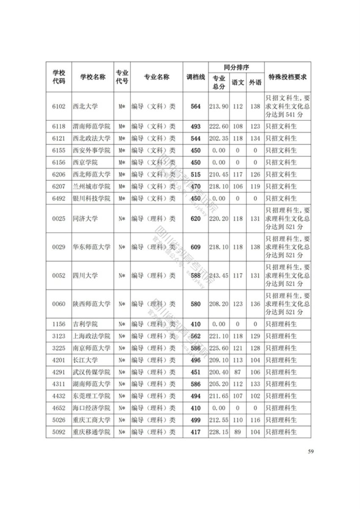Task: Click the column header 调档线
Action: tap(195, 77)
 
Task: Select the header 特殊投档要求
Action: tap(288, 77)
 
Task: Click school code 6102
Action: tap(59, 106)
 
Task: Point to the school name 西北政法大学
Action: tap(91, 139)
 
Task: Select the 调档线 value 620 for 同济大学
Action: tap(195, 219)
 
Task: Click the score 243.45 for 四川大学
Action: tap(219, 275)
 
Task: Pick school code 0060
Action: tap(59, 304)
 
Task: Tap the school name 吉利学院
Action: tap(85, 324)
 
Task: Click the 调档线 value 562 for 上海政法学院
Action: tap(195, 336)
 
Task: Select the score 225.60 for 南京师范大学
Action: tap(219, 348)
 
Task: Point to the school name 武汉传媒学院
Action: tap(91, 372)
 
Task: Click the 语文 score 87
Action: tap(238, 372)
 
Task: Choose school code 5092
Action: tap(59, 432)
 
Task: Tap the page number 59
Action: tap(311, 451)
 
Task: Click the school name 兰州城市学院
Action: tap(91, 186)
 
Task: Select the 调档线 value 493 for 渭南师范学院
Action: tap(195, 126)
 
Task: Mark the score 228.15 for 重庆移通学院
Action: tap(219, 432)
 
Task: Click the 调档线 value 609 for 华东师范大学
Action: tap(195, 247)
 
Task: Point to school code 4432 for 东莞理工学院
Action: tap(59, 396)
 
